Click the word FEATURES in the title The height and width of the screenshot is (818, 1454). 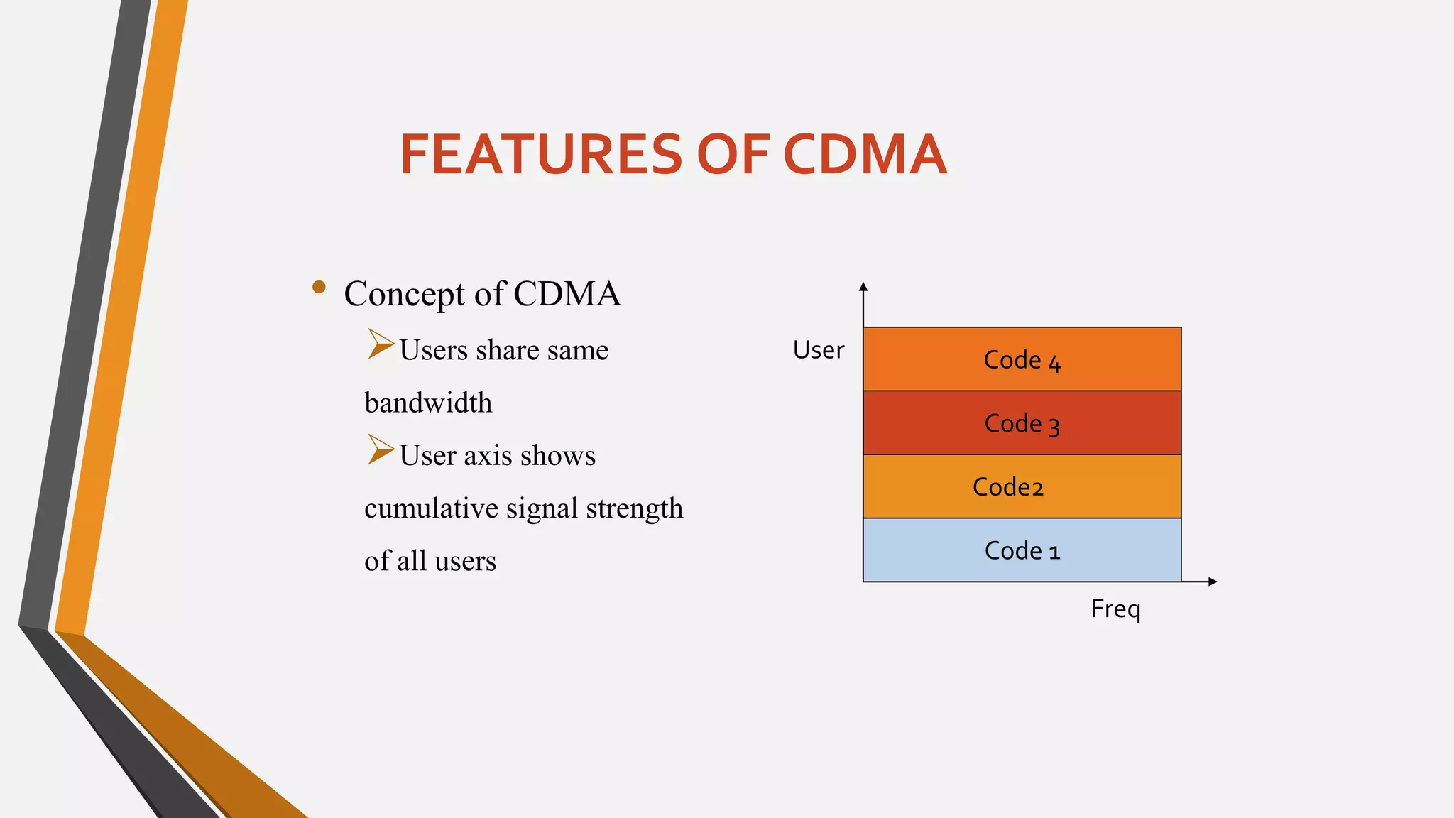(541, 154)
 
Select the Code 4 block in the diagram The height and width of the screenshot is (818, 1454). (1022, 359)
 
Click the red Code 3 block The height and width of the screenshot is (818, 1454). (1022, 423)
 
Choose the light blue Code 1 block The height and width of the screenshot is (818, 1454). (1022, 550)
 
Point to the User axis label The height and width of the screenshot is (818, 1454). (818, 350)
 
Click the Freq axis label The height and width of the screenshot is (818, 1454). (1115, 609)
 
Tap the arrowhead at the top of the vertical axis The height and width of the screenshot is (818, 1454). (863, 287)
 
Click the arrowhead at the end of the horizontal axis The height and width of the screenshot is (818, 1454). (1213, 582)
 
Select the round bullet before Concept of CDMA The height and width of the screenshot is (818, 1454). (319, 287)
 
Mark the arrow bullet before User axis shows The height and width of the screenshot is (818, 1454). (381, 449)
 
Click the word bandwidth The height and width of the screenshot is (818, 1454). (428, 403)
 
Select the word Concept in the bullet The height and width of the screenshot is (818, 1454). (404, 294)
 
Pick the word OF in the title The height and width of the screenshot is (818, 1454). (732, 154)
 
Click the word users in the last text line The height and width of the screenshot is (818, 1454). (465, 561)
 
